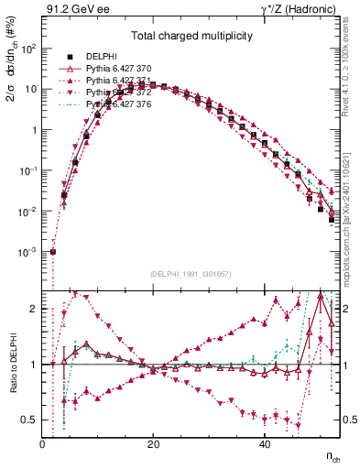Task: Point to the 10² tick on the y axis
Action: pyautogui.click(x=28, y=49)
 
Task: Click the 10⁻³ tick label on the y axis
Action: pyautogui.click(x=28, y=252)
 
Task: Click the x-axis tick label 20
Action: pyautogui.click(x=154, y=444)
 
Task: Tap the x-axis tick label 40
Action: pyautogui.click(x=265, y=444)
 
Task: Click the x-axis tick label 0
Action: pyautogui.click(x=43, y=444)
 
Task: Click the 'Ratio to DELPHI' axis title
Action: pyautogui.click(x=12, y=364)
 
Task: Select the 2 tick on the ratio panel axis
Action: pyautogui.click(x=34, y=310)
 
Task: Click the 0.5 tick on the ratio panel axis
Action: pyautogui.click(x=30, y=420)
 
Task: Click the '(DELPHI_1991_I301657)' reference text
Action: pyautogui.click(x=191, y=274)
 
